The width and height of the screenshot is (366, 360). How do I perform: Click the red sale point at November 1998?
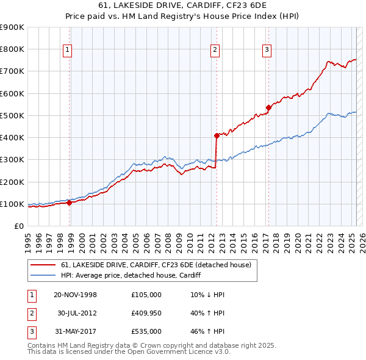point(69,203)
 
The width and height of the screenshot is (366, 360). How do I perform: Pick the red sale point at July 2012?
point(217,135)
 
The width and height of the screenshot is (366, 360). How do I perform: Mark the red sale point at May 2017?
point(268,108)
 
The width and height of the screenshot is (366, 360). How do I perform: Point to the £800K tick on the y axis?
point(12,49)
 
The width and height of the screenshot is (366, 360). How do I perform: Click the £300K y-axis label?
point(12,160)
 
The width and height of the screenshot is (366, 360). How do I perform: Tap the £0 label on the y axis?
point(18,226)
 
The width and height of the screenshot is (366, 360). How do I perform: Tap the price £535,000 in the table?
point(146,331)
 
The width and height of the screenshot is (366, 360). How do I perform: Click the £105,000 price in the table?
point(146,295)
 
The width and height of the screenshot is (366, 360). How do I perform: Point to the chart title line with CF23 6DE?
point(183,6)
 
